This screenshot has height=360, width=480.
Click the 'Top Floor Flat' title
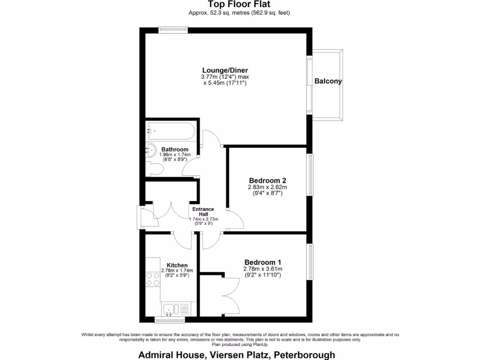pyautogui.click(x=239, y=4)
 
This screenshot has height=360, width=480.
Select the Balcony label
pyautogui.click(x=328, y=81)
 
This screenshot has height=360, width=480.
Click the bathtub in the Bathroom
pyautogui.click(x=171, y=131)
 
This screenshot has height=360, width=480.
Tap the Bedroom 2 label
pyautogui.click(x=267, y=180)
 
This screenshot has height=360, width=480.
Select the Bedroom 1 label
pyautogui.click(x=262, y=262)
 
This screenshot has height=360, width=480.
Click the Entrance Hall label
pyautogui.click(x=203, y=212)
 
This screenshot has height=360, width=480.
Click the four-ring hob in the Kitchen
pyautogui.click(x=153, y=279)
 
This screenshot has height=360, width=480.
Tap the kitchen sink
pyautogui.click(x=170, y=309)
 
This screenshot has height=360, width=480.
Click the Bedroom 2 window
pyautogui.click(x=309, y=174)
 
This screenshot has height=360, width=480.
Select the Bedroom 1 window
pyautogui.click(x=309, y=262)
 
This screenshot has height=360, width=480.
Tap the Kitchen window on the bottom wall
pyautogui.click(x=170, y=321)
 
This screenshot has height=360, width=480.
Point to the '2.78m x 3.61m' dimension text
pyautogui.click(x=262, y=269)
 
